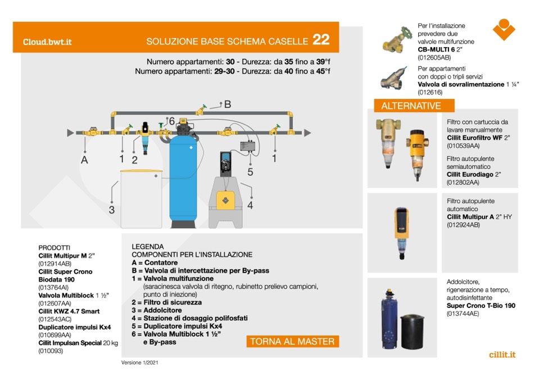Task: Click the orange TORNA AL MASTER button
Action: (292, 341)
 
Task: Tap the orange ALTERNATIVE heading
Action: (411, 106)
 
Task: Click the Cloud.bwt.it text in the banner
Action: (47, 42)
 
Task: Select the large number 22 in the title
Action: (321, 40)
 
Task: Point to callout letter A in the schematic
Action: (84, 160)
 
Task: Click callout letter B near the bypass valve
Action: (228, 104)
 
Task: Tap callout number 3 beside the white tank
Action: (112, 210)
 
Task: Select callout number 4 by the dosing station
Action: (250, 206)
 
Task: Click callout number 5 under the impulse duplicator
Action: (250, 171)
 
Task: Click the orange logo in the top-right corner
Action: (504, 29)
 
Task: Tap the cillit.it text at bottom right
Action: (502, 355)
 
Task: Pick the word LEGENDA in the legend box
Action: (148, 246)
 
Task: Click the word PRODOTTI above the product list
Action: (55, 247)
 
